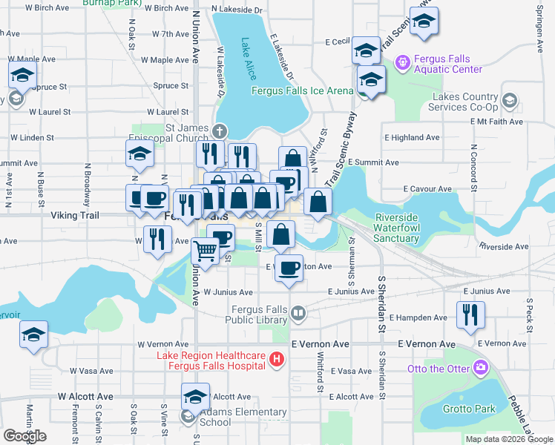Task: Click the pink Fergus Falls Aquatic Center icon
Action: pyautogui.click(x=402, y=62)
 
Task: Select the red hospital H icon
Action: pyautogui.click(x=277, y=360)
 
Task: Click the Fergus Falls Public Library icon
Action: pyautogui.click(x=298, y=314)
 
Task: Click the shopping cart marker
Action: pyautogui.click(x=205, y=251)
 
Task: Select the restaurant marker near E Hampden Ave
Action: pyautogui.click(x=470, y=314)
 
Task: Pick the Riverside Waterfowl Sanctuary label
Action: pyautogui.click(x=396, y=228)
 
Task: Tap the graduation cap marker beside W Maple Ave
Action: pyautogui.click(x=23, y=75)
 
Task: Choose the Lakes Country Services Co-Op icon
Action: pyautogui.click(x=510, y=99)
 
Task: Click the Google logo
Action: pyautogui.click(x=25, y=436)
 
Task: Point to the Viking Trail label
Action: pyautogui.click(x=74, y=215)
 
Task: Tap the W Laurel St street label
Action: pyautogui.click(x=50, y=112)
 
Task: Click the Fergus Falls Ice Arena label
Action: pyautogui.click(x=303, y=91)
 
